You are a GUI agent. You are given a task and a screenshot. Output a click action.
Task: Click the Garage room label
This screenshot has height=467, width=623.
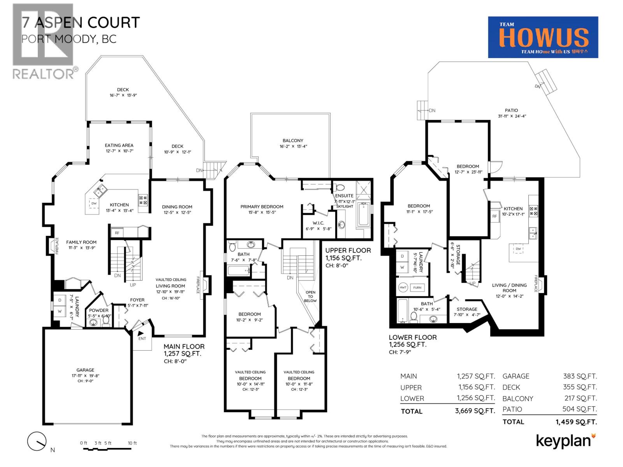(85, 370)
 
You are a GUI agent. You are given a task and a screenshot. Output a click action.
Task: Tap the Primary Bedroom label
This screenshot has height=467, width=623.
(262, 207)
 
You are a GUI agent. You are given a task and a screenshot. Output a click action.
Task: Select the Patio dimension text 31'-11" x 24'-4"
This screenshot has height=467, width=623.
(512, 116)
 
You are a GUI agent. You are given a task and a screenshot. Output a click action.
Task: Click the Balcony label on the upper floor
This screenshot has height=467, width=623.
(293, 140)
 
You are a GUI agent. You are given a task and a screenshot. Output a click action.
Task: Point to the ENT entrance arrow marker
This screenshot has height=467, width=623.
(141, 334)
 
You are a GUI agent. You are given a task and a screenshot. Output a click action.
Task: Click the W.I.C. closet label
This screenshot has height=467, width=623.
(318, 223)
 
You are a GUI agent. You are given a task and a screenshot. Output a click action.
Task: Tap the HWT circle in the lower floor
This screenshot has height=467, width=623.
(403, 288)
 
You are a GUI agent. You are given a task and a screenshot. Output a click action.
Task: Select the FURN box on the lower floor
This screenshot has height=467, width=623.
(417, 288)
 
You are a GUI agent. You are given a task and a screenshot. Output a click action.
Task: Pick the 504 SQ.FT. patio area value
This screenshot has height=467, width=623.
(579, 409)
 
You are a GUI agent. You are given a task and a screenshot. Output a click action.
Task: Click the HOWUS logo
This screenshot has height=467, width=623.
(543, 37)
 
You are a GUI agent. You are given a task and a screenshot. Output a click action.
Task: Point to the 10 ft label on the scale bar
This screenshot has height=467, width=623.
(132, 443)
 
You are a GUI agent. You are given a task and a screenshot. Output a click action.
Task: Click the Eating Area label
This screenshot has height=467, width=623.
(119, 145)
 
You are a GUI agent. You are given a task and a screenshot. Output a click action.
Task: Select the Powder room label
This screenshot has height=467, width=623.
(99, 311)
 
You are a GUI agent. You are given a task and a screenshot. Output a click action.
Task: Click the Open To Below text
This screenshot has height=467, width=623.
(310, 296)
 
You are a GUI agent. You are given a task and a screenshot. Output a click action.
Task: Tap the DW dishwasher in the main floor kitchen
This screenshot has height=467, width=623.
(94, 204)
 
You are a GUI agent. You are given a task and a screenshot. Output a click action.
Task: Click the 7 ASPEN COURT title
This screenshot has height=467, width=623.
(81, 23)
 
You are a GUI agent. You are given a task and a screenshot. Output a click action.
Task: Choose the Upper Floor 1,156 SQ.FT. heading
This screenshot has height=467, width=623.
(348, 254)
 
